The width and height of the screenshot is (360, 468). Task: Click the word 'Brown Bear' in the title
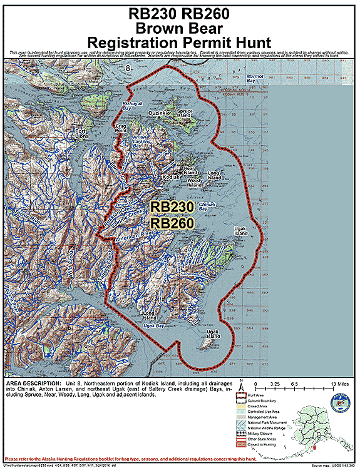(180, 28)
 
